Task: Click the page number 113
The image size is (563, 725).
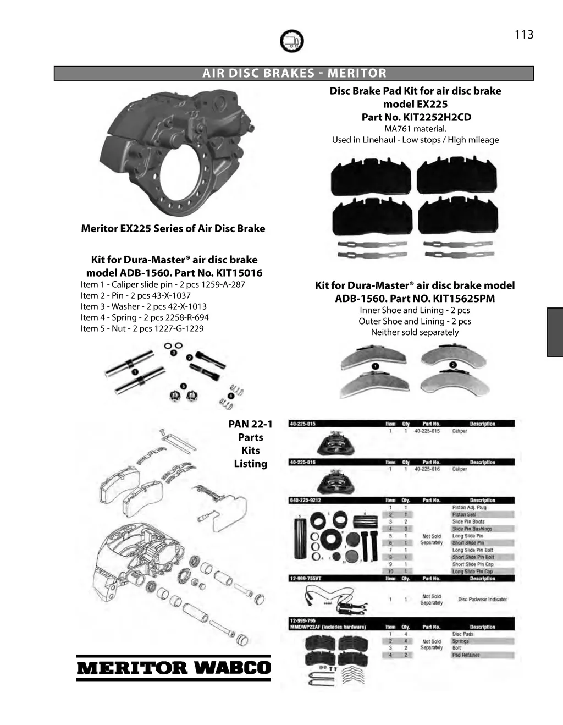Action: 523,35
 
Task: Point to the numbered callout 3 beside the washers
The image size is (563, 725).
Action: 173,353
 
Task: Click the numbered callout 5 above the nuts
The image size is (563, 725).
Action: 184,386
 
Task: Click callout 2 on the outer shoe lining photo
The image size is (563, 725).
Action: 453,365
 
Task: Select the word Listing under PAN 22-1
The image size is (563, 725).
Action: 250,464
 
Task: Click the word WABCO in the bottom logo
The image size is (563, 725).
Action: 233,668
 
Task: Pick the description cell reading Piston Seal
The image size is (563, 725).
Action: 465,514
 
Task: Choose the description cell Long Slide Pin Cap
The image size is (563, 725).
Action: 472,571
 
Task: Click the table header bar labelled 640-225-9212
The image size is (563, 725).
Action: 401,500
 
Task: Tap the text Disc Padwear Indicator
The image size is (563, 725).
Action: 482,600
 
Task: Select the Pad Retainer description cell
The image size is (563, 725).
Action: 466,655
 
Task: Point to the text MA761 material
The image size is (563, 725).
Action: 415,129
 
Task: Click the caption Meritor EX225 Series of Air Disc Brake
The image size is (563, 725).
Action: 173,228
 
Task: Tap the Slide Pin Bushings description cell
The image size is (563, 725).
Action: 472,529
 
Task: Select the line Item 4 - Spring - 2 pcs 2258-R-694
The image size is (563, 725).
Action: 145,317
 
